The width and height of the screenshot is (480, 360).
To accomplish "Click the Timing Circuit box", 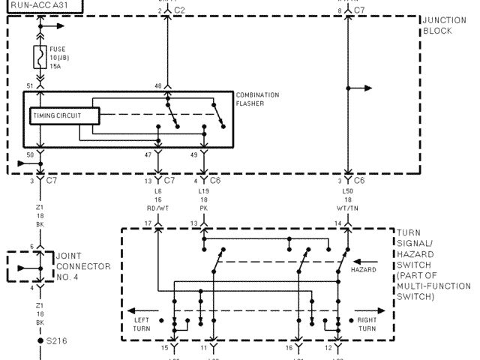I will (x=65, y=115).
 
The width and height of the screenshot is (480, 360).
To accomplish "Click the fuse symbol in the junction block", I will (x=40, y=57).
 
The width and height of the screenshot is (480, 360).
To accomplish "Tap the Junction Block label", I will (x=439, y=25).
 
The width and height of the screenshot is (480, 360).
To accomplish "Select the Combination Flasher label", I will (x=257, y=99).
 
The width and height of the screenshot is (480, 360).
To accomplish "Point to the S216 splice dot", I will (x=40, y=340).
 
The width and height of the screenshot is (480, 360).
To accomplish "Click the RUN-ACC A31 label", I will (x=36, y=4).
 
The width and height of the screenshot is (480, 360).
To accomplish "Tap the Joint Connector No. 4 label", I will (x=82, y=266).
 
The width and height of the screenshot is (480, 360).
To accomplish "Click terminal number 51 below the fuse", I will (x=30, y=85).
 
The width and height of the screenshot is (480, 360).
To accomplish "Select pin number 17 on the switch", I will (x=148, y=223).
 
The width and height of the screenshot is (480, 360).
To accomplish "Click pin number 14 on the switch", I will (x=337, y=223).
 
